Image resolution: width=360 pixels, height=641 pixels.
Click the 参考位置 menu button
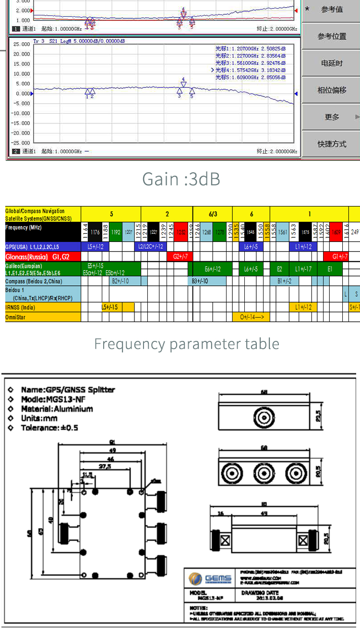(x=332, y=36)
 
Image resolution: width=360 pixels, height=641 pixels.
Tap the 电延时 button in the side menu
(x=332, y=63)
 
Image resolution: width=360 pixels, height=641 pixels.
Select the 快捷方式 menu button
(x=332, y=144)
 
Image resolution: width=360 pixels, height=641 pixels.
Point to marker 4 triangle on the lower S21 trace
(x=183, y=85)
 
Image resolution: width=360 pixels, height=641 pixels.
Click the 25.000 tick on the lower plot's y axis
(x=21, y=44)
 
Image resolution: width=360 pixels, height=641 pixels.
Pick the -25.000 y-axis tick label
(x=20, y=143)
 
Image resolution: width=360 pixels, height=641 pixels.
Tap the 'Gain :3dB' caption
(x=181, y=179)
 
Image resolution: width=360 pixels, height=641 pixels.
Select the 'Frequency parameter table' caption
(x=186, y=344)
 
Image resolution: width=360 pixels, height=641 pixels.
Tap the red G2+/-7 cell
(x=180, y=257)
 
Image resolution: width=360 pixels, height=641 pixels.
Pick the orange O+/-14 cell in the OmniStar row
(x=251, y=317)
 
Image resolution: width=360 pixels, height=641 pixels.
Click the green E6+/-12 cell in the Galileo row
(x=212, y=269)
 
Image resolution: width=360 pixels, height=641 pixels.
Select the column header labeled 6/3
(x=213, y=214)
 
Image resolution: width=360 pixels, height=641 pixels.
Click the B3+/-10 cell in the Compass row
(x=200, y=281)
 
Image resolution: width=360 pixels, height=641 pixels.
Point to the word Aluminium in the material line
(x=73, y=409)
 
